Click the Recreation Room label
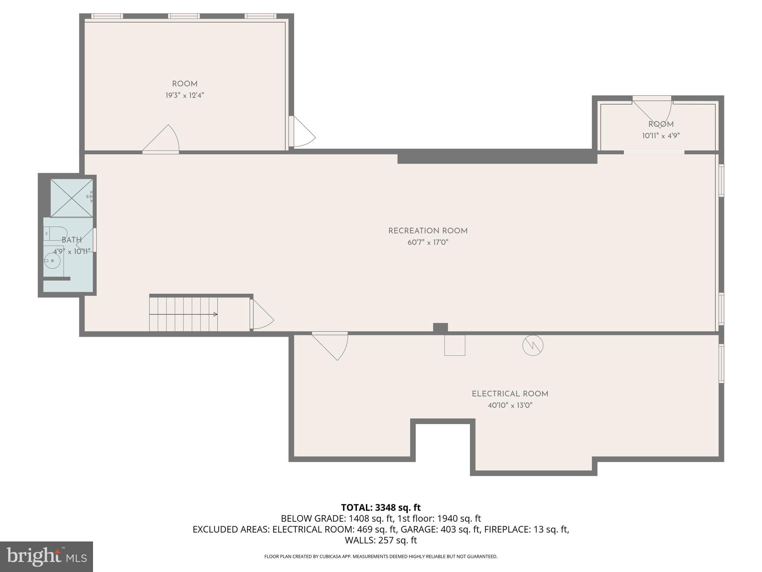pos(428,231)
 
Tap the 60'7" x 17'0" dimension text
pos(428,242)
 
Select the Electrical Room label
pos(510,394)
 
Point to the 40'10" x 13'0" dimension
pos(510,405)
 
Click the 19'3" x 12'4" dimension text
pos(185,95)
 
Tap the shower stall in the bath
pos(71,198)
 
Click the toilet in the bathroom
pos(56,233)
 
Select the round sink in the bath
pos(52,260)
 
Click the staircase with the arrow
pos(183,314)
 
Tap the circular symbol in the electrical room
pos(532,346)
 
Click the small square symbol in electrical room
pos(454,345)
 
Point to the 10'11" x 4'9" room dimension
pos(660,136)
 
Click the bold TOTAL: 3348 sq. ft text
pos(381,507)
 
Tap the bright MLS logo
pos(47,556)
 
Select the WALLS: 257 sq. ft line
pos(381,540)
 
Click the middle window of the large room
pos(184,16)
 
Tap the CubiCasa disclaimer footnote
pos(381,556)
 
